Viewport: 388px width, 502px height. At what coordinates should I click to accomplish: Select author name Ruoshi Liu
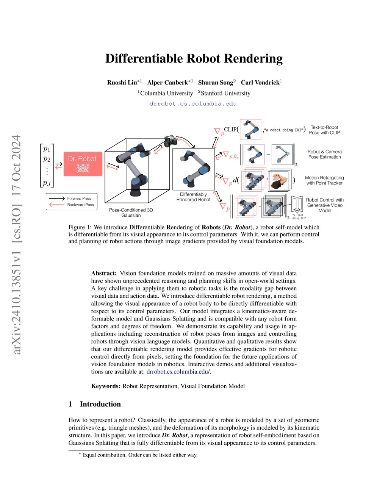(x=122, y=83)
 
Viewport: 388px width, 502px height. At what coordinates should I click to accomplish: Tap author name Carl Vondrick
(x=260, y=83)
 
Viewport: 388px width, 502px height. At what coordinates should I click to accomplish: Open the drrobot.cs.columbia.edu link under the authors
(x=193, y=103)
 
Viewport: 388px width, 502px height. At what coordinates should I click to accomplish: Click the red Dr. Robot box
(x=83, y=163)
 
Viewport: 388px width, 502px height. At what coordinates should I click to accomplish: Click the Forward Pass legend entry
(x=79, y=199)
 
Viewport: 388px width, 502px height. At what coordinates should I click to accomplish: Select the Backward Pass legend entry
(x=80, y=205)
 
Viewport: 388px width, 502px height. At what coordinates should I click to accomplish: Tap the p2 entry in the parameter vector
(x=47, y=159)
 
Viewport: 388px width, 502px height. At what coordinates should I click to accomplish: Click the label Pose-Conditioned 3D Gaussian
(x=131, y=213)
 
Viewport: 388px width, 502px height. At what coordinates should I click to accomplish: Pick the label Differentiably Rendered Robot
(x=193, y=197)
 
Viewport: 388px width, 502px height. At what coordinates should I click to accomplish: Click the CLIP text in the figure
(x=230, y=129)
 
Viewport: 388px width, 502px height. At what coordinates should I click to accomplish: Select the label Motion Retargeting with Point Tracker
(x=324, y=180)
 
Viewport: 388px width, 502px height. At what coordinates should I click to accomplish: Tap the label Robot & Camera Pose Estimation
(x=324, y=154)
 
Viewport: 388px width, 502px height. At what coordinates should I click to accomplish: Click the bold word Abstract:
(x=104, y=273)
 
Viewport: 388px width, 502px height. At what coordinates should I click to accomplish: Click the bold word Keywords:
(x=106, y=386)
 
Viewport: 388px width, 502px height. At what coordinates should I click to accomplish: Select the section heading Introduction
(x=100, y=404)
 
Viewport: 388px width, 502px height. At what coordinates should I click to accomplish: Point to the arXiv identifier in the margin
(x=16, y=288)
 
